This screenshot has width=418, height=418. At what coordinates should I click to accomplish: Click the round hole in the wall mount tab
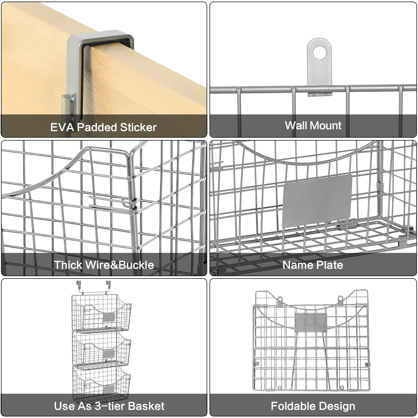pyautogui.click(x=319, y=53)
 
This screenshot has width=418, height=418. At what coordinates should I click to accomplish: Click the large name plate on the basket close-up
pyautogui.click(x=317, y=201)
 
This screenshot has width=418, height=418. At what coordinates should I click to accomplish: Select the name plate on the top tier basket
pyautogui.click(x=109, y=318)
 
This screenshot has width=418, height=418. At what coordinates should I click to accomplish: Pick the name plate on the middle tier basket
pyautogui.click(x=109, y=354)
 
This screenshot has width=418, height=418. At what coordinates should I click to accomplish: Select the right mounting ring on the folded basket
pyautogui.click(x=340, y=299)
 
